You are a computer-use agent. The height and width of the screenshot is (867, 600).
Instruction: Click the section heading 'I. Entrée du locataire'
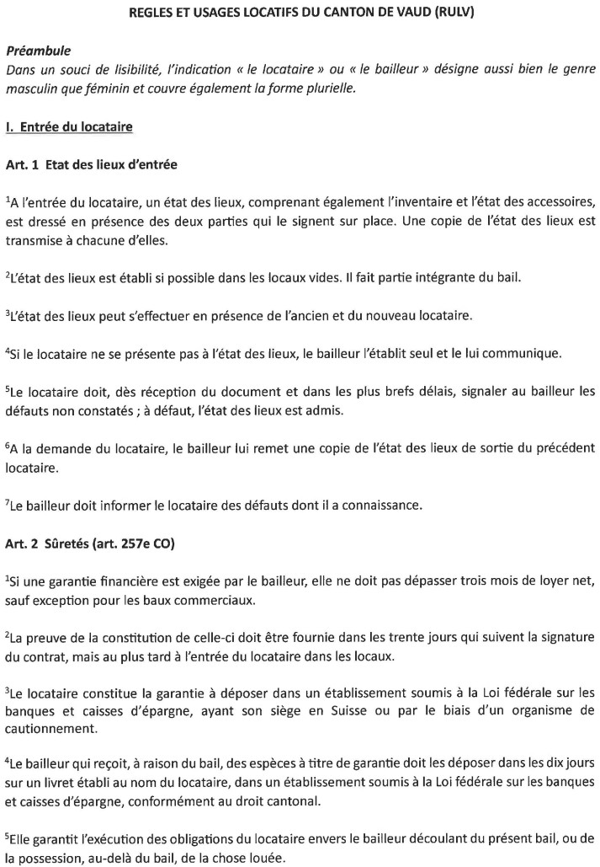point(69,127)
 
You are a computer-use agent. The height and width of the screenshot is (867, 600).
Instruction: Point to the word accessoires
point(552,201)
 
